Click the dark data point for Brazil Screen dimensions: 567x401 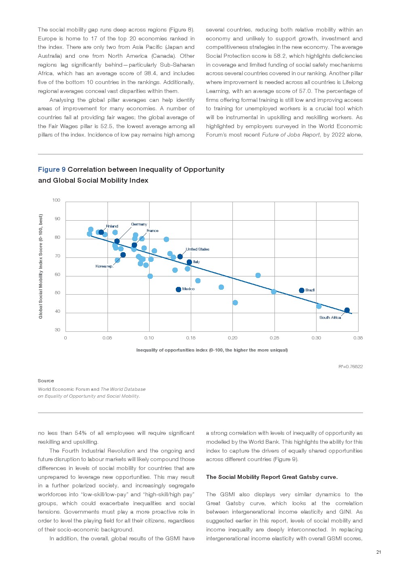coord(302,291)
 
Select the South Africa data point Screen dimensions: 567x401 coord(347,310)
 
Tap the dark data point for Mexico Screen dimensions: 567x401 coord(178,289)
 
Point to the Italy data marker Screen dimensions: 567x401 coord(189,262)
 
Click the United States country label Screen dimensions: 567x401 coord(197,249)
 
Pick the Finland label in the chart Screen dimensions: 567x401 coord(112,226)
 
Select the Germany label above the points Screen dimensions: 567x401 coord(139,224)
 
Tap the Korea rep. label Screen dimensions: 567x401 coord(104,266)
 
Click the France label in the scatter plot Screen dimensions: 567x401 coord(152,231)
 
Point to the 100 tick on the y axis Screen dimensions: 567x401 coord(56,200)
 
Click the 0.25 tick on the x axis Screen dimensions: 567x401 coord(274,338)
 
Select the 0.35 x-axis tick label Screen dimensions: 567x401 coord(358,338)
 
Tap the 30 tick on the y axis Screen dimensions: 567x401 coord(57,330)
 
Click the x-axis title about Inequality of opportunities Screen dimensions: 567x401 coord(212,350)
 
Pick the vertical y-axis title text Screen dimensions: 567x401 coord(40,266)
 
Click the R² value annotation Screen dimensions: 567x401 coord(350,367)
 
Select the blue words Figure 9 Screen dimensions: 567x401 coord(52,169)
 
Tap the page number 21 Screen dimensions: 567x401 coord(378,552)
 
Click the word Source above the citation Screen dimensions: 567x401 coord(46,381)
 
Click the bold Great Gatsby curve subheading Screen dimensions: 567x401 coord(272,477)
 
